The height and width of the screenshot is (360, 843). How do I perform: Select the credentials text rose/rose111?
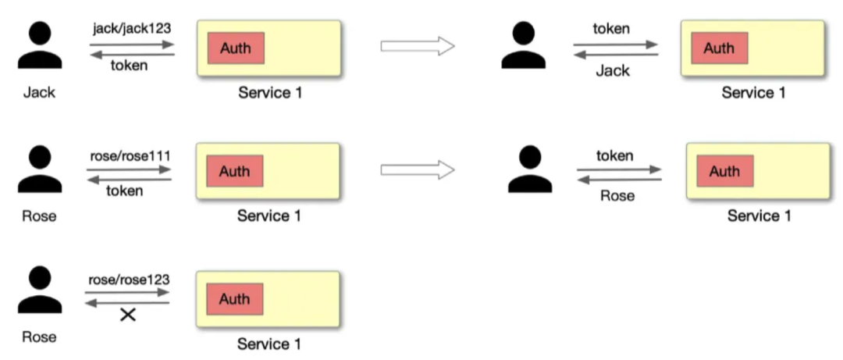click(x=130, y=156)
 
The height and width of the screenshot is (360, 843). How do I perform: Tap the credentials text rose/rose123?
click(x=130, y=279)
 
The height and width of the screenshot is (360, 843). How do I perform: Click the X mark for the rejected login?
click(x=127, y=315)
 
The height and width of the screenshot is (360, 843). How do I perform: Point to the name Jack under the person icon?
click(x=39, y=92)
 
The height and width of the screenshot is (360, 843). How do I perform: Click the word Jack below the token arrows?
click(x=613, y=71)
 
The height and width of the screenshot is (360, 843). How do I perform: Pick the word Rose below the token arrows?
click(x=617, y=195)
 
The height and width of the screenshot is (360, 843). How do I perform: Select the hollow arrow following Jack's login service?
click(x=418, y=46)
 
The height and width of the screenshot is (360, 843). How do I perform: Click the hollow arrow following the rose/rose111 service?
click(x=418, y=169)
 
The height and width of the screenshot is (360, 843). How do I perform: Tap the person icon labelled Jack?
click(x=39, y=48)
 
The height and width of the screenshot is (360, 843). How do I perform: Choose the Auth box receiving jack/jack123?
click(x=236, y=48)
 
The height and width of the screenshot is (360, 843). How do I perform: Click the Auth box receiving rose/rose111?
click(x=235, y=171)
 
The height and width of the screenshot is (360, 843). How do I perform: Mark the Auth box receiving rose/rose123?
click(x=235, y=298)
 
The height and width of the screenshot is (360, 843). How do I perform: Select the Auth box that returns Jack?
click(x=719, y=48)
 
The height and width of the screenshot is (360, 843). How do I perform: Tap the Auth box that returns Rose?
click(x=724, y=171)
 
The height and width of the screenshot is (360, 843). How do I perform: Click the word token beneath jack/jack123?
click(x=128, y=66)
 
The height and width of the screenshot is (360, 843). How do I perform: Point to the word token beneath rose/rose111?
click(x=125, y=191)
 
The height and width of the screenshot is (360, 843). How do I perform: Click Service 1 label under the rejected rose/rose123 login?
click(x=269, y=344)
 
